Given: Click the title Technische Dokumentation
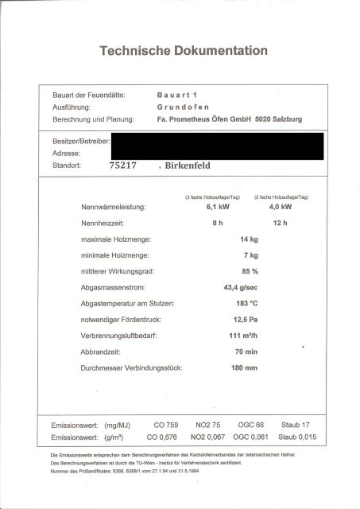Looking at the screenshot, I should [183, 51].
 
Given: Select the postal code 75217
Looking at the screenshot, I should [123, 166].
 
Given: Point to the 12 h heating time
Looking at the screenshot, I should [279, 223].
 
